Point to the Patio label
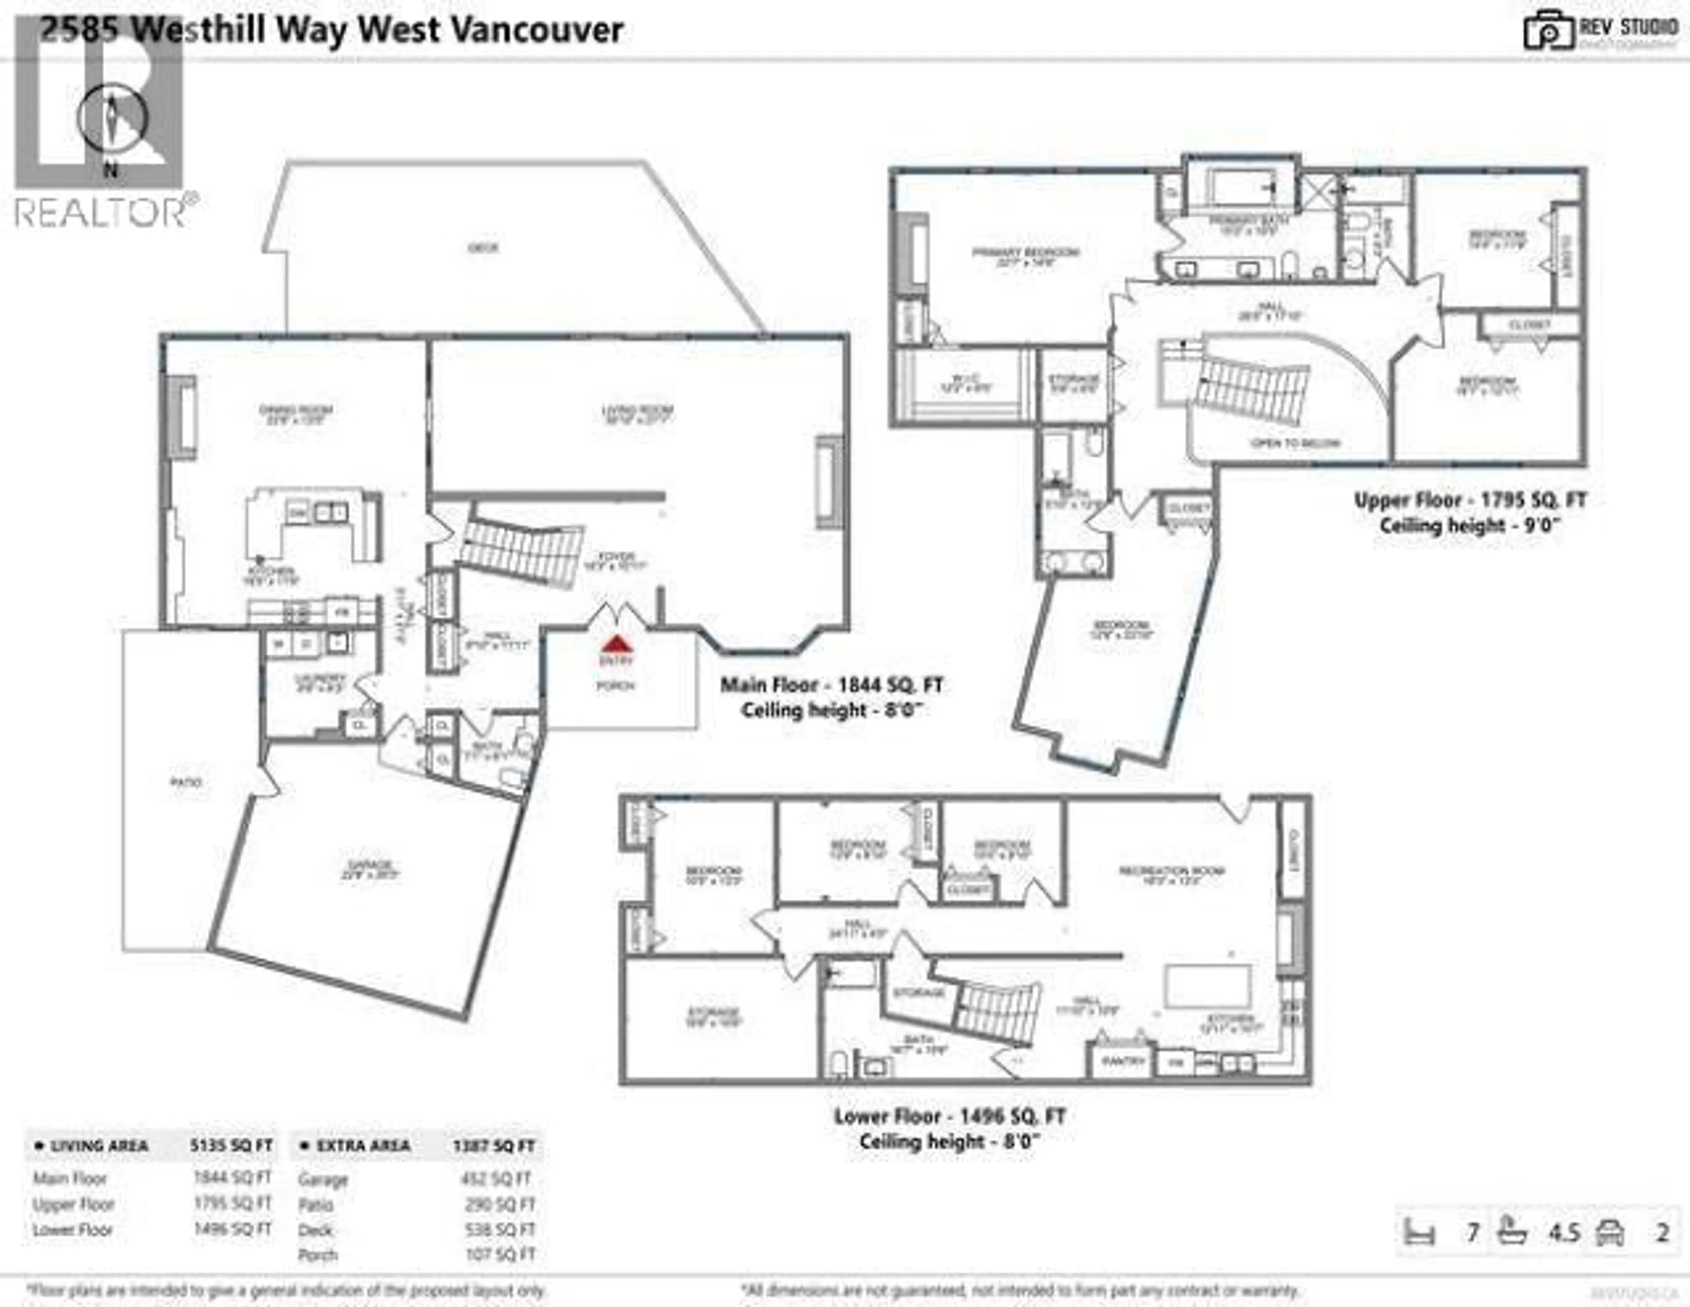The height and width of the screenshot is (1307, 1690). (x=186, y=782)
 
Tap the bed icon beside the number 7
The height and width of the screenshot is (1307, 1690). (x=1419, y=1232)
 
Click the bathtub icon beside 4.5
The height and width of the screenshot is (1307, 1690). (x=1511, y=1231)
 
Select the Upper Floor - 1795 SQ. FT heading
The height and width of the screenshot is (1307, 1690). (x=1470, y=501)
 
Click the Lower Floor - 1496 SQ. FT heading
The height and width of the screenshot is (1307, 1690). (x=949, y=1116)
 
